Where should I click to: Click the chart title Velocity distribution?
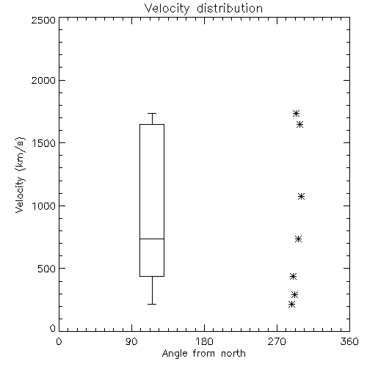[203, 8]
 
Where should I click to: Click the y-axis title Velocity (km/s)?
[20, 175]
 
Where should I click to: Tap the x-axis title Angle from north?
[203, 354]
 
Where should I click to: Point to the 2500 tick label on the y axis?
[43, 20]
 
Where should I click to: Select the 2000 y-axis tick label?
[43, 80]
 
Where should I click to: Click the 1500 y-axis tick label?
[44, 143]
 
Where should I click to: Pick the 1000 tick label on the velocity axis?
[44, 206]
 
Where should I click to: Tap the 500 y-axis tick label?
[47, 269]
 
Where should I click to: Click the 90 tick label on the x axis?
[131, 341]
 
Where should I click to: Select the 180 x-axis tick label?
[204, 341]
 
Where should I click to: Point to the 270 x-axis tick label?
[277, 341]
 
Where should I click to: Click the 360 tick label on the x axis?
[349, 341]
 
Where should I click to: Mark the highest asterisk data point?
[297, 113]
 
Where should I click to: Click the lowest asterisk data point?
[291, 305]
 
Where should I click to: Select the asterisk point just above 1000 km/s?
[301, 196]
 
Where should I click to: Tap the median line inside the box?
[152, 239]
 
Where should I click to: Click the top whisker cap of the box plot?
[152, 113]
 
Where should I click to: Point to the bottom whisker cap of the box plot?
[152, 304]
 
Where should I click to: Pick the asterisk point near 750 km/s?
[298, 239]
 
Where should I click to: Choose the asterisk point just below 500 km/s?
[293, 277]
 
